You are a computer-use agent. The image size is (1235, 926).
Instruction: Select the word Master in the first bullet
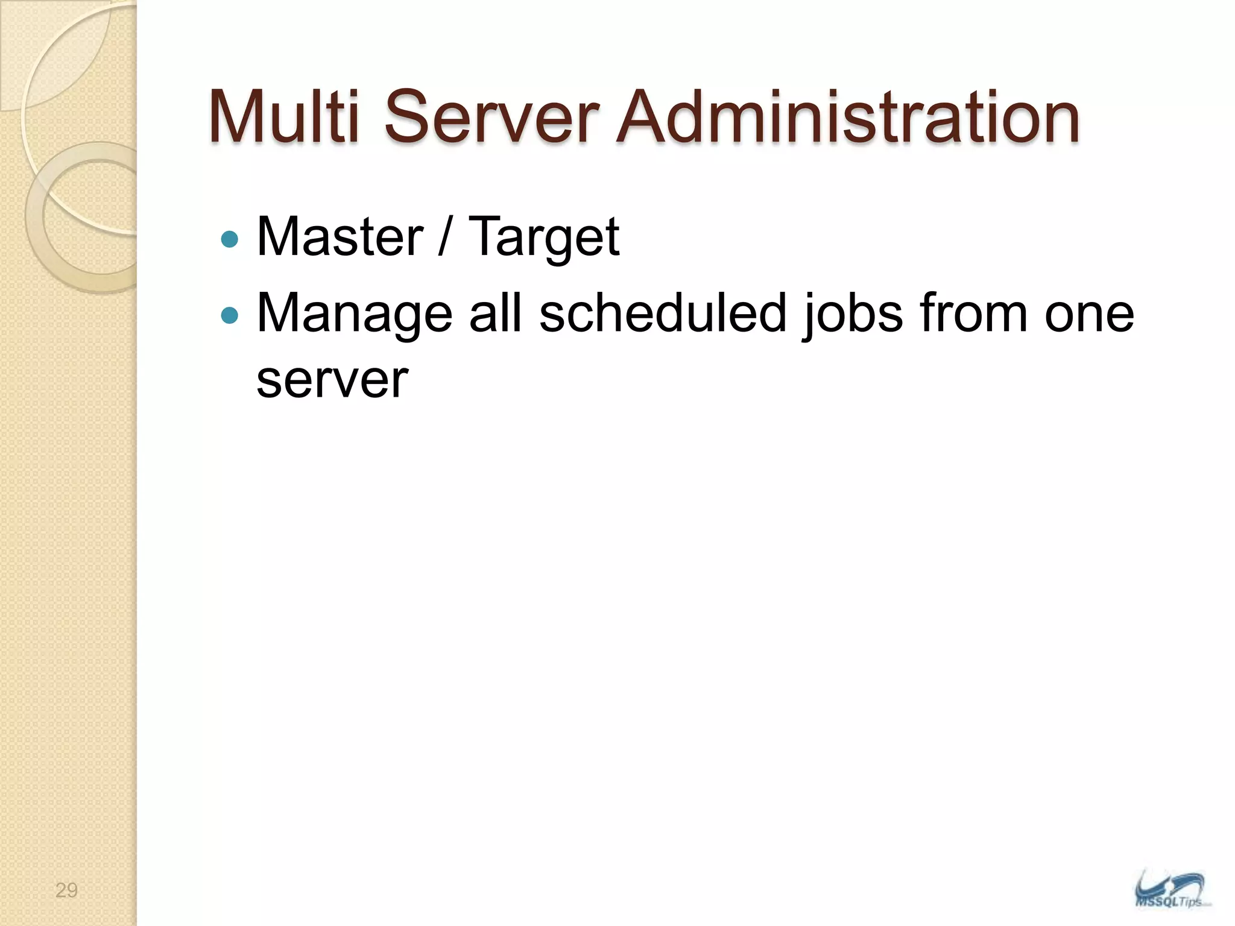[x=340, y=236]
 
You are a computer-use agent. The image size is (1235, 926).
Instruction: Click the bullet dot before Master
[x=230, y=239]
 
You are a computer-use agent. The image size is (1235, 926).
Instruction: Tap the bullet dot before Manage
[x=230, y=315]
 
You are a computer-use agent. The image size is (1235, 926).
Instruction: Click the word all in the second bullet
[x=495, y=313]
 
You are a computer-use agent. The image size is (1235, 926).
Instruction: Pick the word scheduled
[x=663, y=313]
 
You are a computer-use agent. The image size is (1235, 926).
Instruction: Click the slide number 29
[x=66, y=890]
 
